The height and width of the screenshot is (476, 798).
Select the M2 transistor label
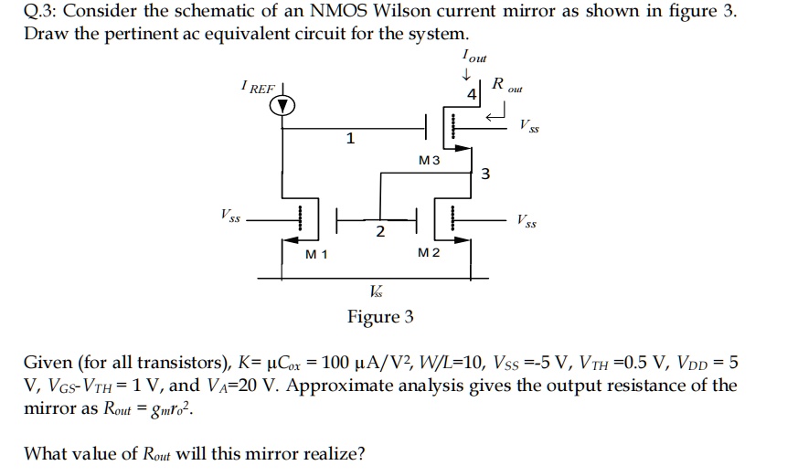tap(428, 253)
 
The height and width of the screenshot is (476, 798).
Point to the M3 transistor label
tap(429, 160)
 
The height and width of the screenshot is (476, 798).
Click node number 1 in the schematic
tap(350, 138)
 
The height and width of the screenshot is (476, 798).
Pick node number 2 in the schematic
tap(379, 231)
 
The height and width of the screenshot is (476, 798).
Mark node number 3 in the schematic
tap(486, 175)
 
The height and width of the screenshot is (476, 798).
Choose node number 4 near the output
tap(471, 95)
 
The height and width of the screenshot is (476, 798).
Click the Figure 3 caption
tap(380, 317)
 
